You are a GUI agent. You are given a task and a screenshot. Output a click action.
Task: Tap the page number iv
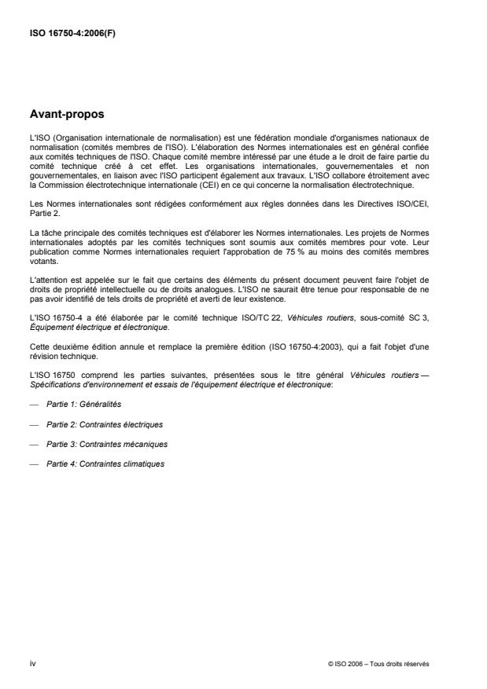32,663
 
